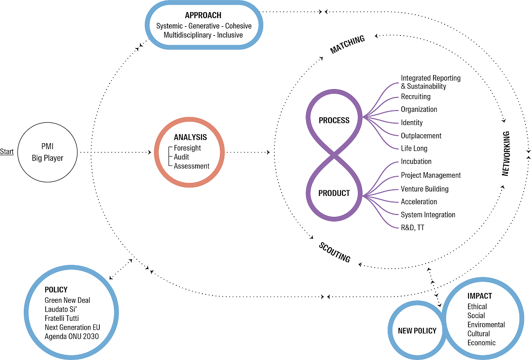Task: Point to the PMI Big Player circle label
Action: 47,152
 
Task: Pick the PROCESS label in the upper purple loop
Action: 334,120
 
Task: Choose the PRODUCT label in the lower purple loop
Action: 334,194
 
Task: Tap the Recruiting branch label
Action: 415,97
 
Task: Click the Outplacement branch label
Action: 421,136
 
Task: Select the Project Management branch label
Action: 431,175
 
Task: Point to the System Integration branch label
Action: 428,215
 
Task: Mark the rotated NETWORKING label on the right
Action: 505,154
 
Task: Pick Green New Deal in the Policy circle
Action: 67,300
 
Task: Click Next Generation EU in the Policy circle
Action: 72,327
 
